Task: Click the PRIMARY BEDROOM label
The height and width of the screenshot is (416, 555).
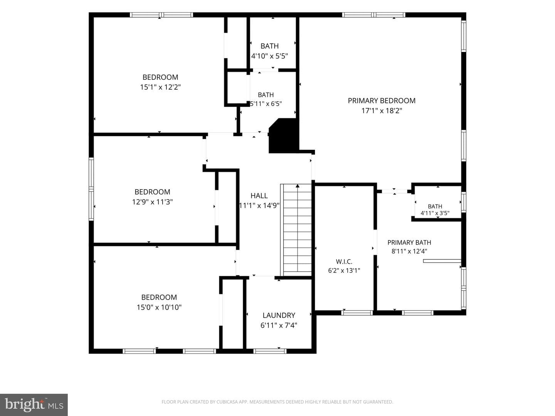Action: coord(382,101)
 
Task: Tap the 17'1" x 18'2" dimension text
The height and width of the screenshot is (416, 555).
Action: coord(382,111)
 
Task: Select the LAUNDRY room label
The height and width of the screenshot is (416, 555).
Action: coord(279,315)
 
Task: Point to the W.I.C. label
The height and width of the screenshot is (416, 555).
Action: coord(344,262)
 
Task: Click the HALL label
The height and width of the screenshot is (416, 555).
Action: coord(259,196)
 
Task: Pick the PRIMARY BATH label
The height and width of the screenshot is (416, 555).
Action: coord(409,243)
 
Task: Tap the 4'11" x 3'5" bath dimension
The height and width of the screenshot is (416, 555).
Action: coord(435,213)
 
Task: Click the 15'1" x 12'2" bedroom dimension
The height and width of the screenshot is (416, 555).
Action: coord(160,87)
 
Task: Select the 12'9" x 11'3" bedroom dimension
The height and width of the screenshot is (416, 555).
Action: coord(152,202)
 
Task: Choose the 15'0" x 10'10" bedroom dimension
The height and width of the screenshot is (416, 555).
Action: coord(159,307)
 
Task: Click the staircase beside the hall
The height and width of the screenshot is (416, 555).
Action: coord(296,230)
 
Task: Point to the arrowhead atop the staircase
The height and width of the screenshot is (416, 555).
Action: coord(298,186)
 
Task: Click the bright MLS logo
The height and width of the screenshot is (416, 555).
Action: coord(34,404)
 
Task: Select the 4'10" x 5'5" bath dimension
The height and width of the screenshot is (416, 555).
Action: coord(269,56)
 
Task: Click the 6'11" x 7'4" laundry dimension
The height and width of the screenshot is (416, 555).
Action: coord(279,325)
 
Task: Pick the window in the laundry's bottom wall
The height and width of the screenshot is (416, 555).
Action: coord(270,351)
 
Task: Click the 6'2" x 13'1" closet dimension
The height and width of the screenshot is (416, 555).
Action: coord(344,270)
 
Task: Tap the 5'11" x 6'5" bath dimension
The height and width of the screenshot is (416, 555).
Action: coord(266,104)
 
